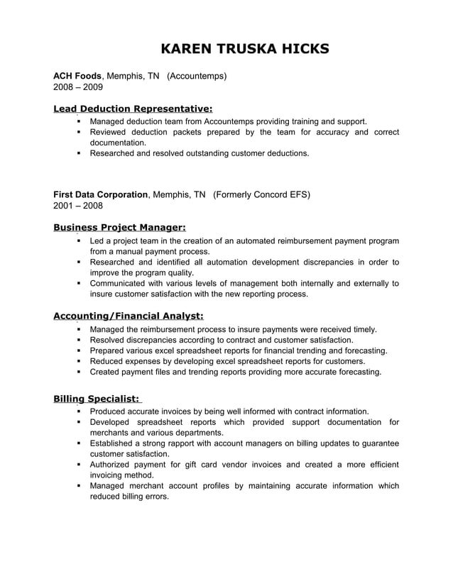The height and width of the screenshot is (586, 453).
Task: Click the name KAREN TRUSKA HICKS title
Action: [245, 49]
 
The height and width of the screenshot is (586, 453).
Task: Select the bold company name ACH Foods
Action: [77, 75]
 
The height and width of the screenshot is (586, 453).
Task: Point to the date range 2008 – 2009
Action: [78, 87]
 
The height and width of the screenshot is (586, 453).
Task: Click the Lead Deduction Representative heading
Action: [133, 109]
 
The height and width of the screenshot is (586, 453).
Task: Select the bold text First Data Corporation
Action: [101, 194]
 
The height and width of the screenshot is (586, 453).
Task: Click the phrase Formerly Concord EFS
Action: [261, 194]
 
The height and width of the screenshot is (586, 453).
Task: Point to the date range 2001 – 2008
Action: [78, 206]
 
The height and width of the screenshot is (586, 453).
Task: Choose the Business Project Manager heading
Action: [119, 227]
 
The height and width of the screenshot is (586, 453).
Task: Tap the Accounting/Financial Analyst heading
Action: [129, 316]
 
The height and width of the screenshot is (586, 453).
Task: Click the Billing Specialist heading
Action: [97, 398]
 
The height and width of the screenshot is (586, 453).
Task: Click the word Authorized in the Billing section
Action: [112, 465]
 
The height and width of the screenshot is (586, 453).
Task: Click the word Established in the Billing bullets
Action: [114, 443]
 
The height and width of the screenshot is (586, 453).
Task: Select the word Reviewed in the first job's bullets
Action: [109, 132]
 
